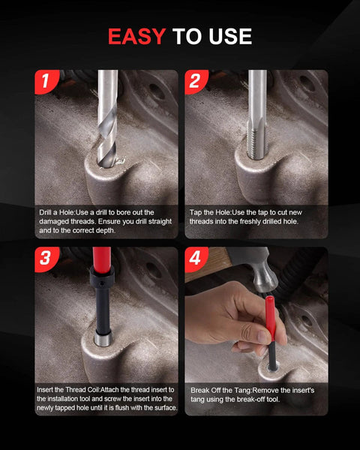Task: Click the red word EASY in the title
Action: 137,36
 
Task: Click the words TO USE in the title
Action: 212,36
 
